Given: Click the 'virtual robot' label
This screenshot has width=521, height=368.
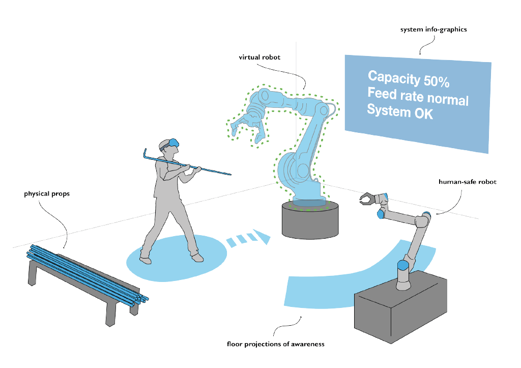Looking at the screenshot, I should click(x=259, y=58).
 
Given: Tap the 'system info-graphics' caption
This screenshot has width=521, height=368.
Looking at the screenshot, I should click(x=433, y=30).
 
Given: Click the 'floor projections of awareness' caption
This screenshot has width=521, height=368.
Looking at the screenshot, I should click(x=276, y=344).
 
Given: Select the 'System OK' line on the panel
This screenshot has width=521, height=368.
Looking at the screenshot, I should click(x=400, y=111).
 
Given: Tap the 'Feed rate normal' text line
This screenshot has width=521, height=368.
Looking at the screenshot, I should click(x=418, y=96).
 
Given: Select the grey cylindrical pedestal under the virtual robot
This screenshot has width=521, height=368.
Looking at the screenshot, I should click(x=309, y=220).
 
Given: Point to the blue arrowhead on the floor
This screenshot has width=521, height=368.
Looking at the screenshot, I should click(x=262, y=236).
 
